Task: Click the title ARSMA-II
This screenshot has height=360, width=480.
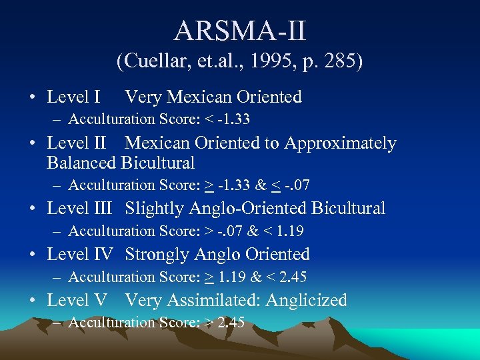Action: click(240, 31)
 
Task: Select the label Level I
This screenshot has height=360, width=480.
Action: click(73, 97)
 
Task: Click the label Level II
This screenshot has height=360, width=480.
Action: click(76, 143)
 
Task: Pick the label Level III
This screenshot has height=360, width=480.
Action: click(79, 209)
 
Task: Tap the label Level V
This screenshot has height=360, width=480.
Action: click(77, 301)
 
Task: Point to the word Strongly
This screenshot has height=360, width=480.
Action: click(157, 255)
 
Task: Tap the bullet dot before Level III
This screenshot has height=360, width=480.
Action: click(33, 209)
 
